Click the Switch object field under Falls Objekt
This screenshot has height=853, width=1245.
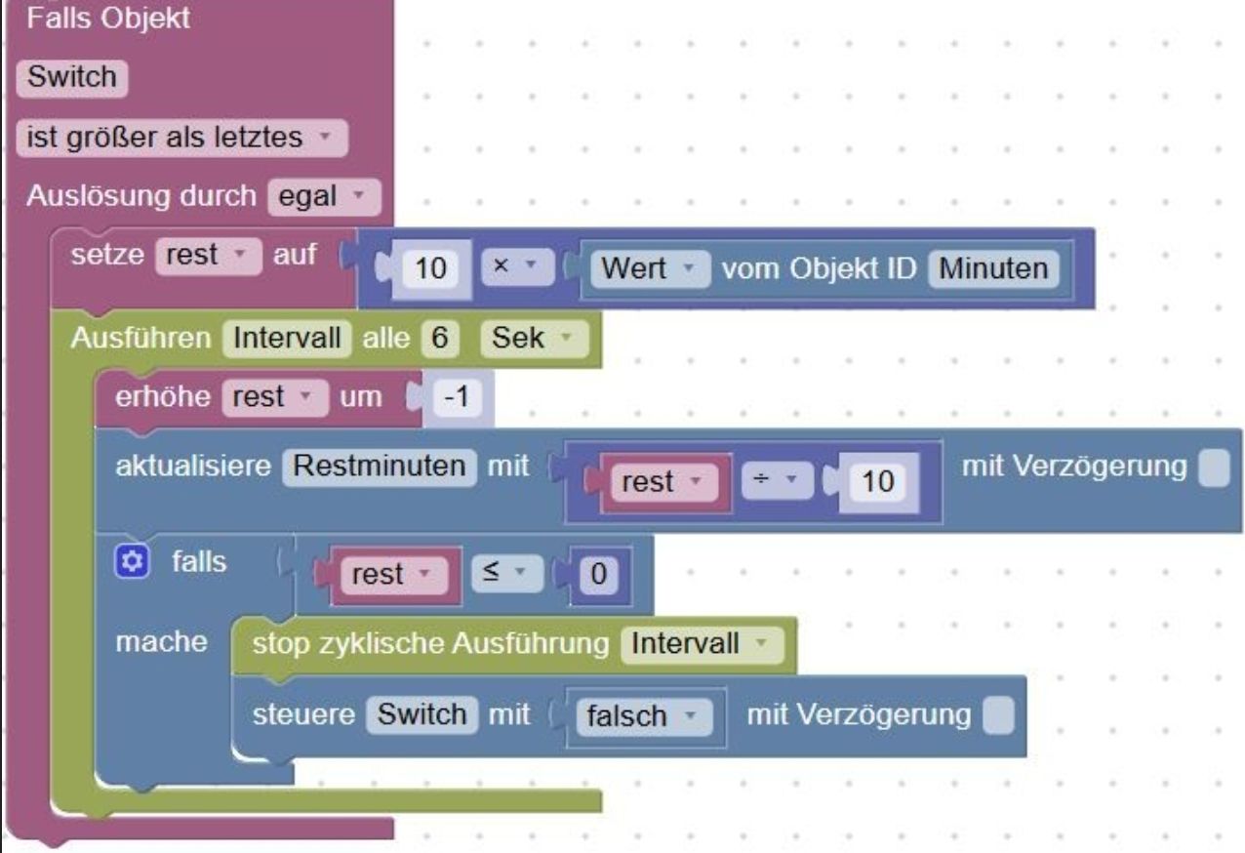72,77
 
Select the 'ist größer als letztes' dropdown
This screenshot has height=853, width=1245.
182,138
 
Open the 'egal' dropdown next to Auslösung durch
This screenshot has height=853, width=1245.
324,196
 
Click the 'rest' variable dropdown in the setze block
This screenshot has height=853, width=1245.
209,256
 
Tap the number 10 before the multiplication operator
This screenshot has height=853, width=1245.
430,269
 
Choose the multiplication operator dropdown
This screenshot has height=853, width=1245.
517,266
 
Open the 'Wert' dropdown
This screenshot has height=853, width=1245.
650,269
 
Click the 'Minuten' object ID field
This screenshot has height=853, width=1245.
994,269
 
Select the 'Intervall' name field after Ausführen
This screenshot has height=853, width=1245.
287,338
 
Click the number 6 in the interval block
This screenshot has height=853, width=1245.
440,338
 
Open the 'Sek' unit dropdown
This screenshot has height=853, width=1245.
534,338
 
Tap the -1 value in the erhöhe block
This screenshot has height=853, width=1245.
457,397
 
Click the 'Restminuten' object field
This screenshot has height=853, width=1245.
380,467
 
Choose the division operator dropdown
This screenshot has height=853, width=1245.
778,479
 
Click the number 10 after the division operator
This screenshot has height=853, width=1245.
878,481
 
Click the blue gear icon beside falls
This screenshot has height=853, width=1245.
132,561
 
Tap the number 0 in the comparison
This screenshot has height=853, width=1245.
599,575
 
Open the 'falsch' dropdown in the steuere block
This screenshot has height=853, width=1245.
645,716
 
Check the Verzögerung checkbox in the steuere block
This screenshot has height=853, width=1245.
998,715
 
